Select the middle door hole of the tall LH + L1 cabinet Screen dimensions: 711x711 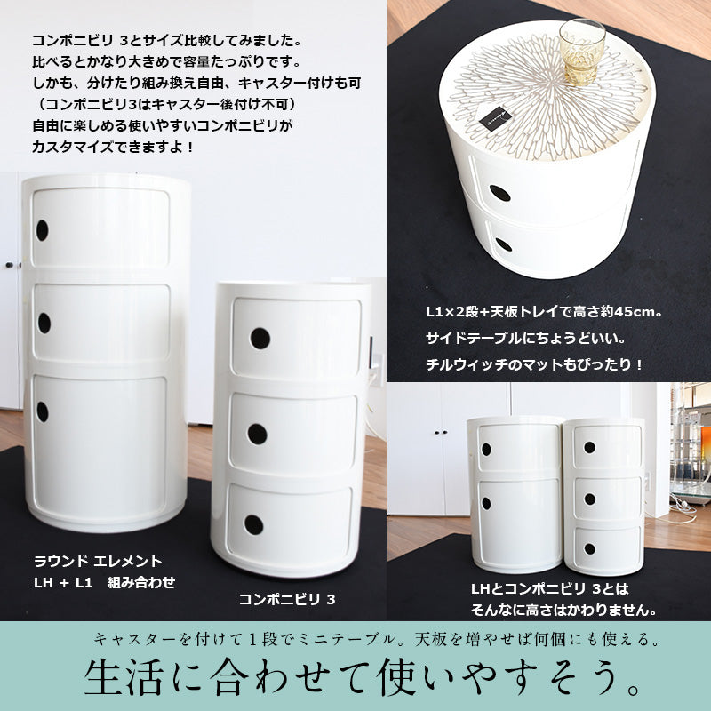tap(44, 323)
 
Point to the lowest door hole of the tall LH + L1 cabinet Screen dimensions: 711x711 tap(42, 411)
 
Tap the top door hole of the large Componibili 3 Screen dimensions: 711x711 tap(259, 339)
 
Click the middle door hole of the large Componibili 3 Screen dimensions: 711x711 tap(257, 434)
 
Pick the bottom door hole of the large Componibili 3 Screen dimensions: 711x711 tap(254, 524)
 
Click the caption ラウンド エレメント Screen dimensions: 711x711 tap(98, 561)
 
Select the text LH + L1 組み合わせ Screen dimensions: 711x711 tap(105, 582)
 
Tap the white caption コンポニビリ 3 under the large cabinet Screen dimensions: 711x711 tap(287, 599)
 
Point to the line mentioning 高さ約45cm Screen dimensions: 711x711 tap(545, 313)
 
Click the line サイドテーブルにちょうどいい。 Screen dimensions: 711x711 tap(523, 339)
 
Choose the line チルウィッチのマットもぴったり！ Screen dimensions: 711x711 tap(534, 363)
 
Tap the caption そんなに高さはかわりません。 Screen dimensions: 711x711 tap(563, 610)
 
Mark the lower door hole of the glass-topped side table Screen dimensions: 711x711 tap(504, 244)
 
